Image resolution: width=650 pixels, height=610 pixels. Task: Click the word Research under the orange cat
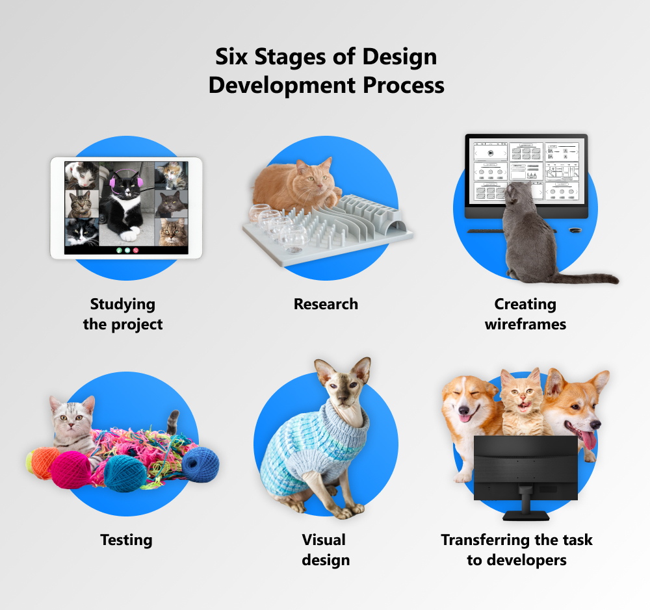click(326, 304)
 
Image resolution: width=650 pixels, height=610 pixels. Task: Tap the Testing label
click(127, 540)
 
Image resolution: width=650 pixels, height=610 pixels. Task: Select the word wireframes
click(525, 324)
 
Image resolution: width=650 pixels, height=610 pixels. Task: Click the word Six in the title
click(231, 57)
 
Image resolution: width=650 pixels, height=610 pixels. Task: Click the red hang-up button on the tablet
click(136, 250)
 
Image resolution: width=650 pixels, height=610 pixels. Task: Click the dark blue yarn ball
click(201, 464)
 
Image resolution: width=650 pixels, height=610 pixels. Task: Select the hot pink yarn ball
click(71, 470)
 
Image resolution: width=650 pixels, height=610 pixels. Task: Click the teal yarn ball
click(125, 474)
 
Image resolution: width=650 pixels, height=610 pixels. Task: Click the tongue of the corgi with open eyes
click(588, 440)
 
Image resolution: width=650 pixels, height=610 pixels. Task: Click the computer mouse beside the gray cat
click(575, 229)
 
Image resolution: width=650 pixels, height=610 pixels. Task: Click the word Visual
click(324, 540)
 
